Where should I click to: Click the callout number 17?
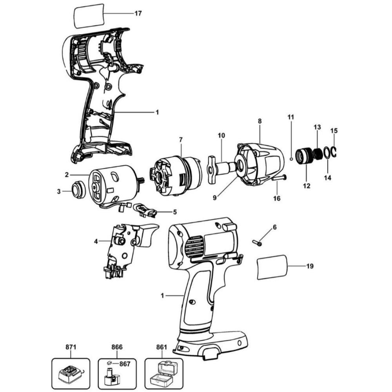tap(138, 13)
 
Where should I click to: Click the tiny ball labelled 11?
tap(291, 158)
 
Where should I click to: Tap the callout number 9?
tap(214, 198)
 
